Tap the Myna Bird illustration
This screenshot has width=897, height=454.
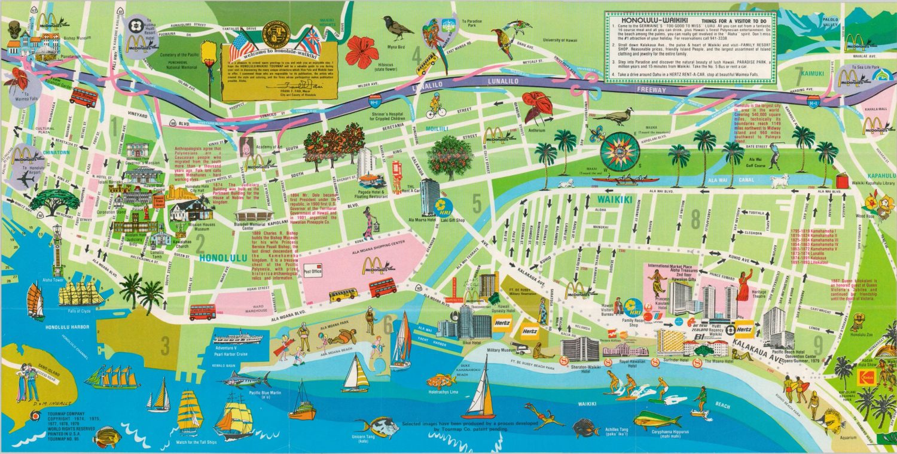click(397, 28)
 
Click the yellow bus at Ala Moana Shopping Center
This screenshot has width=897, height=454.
click(343, 294)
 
